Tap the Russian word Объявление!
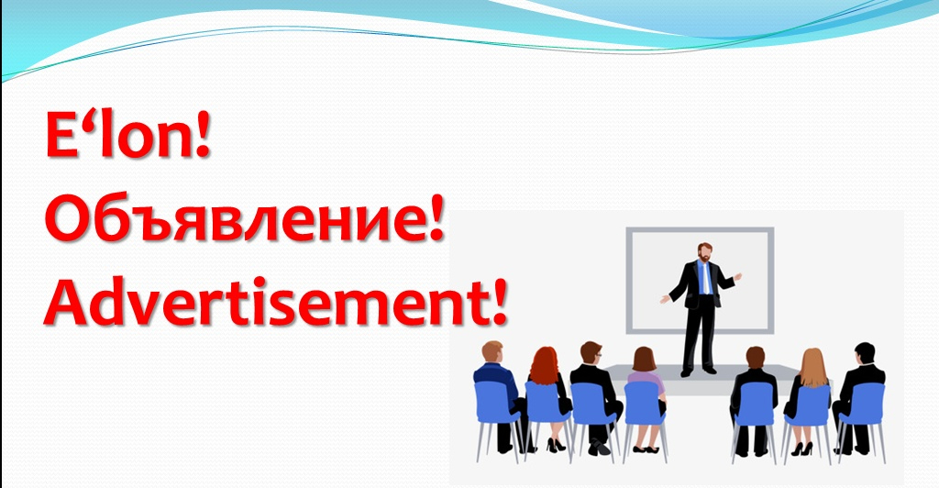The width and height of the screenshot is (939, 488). [x=244, y=219]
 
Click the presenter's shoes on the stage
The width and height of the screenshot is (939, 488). [x=698, y=371]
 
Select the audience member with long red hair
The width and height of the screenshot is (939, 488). [x=545, y=367]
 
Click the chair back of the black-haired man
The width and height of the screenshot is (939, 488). [x=863, y=405]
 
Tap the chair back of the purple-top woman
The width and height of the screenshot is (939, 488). [x=645, y=403]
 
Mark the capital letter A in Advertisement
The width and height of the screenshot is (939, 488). [x=66, y=305]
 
